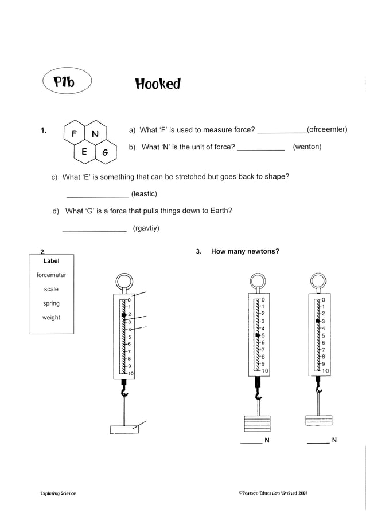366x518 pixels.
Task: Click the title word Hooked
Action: (x=158, y=84)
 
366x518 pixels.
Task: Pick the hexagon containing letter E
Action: (x=84, y=152)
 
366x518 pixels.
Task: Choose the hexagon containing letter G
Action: (x=105, y=153)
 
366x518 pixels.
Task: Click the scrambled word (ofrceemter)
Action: (x=327, y=129)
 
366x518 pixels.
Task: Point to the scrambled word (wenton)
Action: (x=307, y=147)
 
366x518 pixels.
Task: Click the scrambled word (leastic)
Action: (x=144, y=194)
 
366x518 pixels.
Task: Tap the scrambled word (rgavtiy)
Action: (x=146, y=228)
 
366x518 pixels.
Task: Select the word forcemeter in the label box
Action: (x=51, y=275)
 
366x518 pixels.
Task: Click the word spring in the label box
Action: (x=51, y=303)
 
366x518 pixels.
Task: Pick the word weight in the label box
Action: (x=51, y=318)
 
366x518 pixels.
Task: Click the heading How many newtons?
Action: (x=245, y=251)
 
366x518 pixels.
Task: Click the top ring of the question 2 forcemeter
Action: (x=123, y=282)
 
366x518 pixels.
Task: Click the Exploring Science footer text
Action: (x=58, y=493)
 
